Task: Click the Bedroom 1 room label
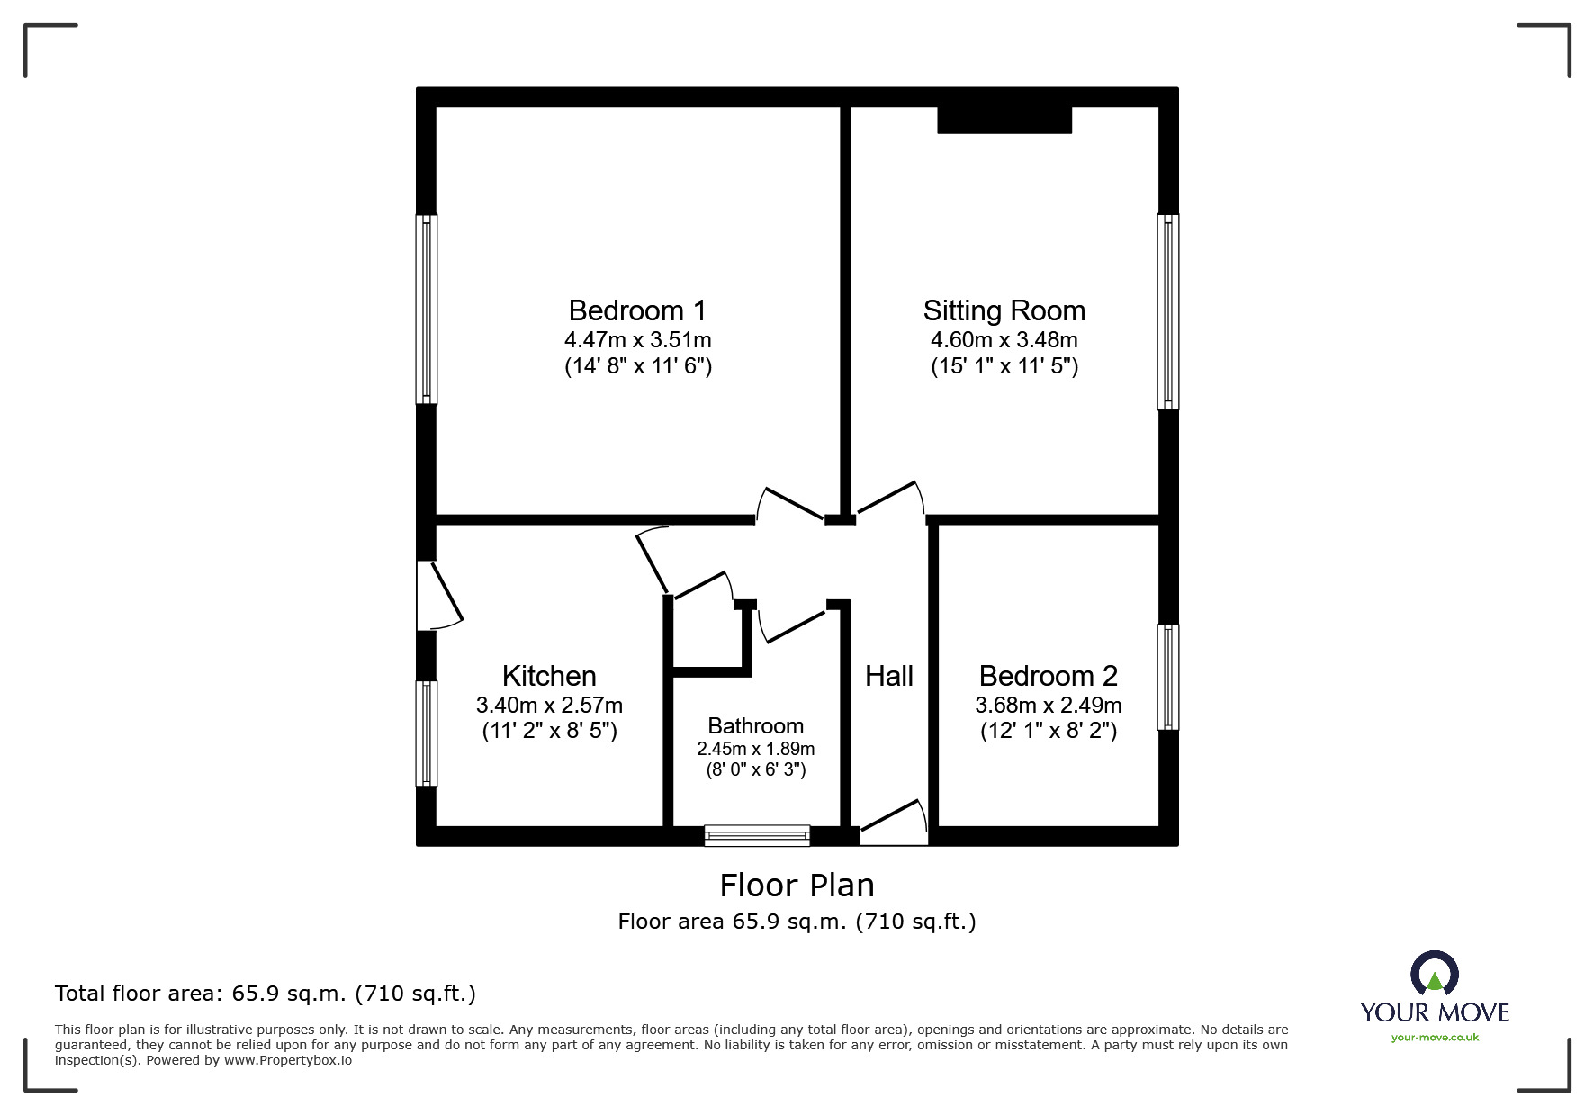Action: coord(637,310)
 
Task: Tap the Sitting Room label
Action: coord(1004,310)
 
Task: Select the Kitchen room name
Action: coord(549,676)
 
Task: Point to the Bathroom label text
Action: coord(755,725)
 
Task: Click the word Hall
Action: coord(889,676)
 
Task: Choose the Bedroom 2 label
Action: coord(1049,676)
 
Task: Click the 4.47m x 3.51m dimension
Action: coord(638,340)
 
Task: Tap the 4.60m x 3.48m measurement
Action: coord(1004,340)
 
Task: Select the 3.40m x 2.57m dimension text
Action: coord(549,706)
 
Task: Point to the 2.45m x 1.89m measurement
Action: coord(756,749)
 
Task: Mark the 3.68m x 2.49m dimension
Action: coord(1049,706)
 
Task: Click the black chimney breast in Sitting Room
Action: coord(1004,120)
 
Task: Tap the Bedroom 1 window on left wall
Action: coord(427,309)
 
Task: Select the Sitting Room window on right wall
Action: coord(1167,311)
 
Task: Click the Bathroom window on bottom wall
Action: coord(757,836)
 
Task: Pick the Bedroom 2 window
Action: coord(1167,677)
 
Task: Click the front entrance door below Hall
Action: coord(894,823)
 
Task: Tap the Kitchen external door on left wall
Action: coord(438,596)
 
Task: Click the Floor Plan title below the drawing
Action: coord(797,886)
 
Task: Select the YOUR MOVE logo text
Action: coord(1435,1012)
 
